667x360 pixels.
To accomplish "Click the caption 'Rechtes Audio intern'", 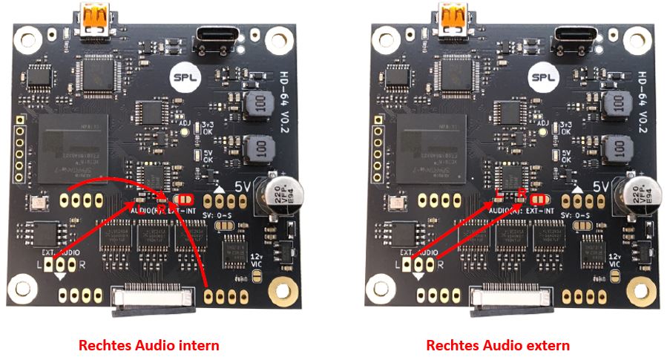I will (x=150, y=345).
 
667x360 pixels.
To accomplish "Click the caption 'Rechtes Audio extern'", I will (x=498, y=345).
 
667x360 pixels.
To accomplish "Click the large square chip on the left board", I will (x=73, y=146).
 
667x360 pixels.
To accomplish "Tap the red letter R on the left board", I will (x=161, y=210).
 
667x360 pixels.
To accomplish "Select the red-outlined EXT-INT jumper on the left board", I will (x=184, y=200).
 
